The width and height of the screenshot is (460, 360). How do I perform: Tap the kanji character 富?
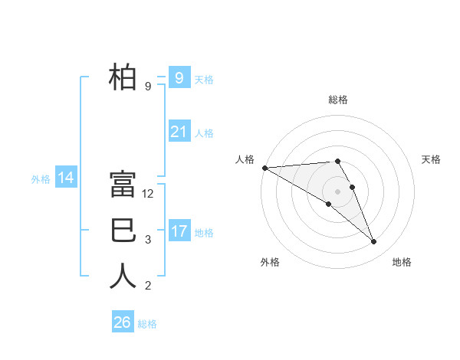point(123,185)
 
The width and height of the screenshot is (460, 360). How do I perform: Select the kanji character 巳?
point(123,231)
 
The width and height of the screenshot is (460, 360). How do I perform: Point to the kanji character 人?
point(123,277)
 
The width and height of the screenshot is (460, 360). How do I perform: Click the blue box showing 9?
point(179,78)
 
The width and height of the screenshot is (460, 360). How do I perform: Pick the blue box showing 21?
point(179,132)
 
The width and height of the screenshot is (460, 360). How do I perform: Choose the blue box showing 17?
point(179,231)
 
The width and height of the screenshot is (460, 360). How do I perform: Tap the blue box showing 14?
point(65,178)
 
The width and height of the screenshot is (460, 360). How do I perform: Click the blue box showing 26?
point(122,322)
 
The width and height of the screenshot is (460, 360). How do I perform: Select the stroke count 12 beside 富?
point(149,194)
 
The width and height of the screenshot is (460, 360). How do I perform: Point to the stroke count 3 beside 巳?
point(148,240)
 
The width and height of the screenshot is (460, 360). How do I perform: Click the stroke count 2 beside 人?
point(148,286)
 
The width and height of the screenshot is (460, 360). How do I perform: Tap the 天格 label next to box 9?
point(204,80)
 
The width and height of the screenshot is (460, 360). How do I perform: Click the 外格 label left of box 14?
point(41,179)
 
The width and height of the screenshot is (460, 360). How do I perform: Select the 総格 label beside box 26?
point(147,324)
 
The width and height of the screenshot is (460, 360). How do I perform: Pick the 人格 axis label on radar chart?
point(245,159)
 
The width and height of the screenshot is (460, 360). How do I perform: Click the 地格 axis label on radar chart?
point(402,262)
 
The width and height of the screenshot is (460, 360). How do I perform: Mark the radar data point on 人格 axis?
point(264,168)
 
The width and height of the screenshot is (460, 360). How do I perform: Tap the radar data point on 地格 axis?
point(373,242)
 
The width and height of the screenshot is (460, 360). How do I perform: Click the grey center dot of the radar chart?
point(337,191)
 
